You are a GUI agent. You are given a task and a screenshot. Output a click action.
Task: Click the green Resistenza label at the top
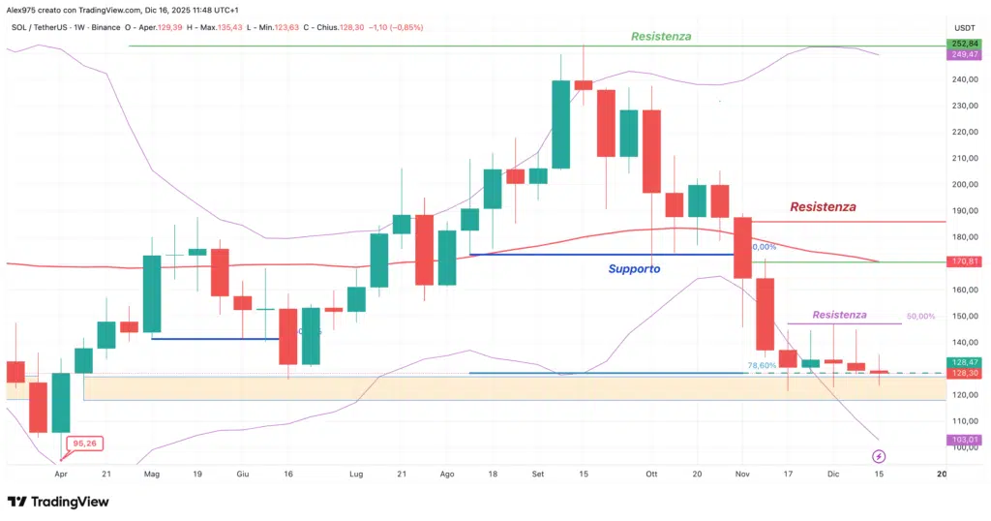pos(661,37)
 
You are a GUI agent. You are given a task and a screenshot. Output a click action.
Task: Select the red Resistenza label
pos(823,206)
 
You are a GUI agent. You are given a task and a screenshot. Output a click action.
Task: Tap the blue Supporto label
pos(634,268)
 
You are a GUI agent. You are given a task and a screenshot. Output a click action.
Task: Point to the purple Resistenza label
pos(839,315)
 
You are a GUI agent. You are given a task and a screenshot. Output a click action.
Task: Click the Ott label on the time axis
pos(651,475)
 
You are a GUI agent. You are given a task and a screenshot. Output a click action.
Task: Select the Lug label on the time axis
pos(354,475)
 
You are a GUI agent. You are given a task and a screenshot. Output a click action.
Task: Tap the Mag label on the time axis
pos(152,475)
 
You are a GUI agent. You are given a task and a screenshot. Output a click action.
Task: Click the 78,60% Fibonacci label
pos(762,365)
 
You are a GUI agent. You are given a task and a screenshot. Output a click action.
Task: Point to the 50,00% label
pos(920,317)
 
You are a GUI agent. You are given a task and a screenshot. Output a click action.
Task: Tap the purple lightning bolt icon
pos(879,455)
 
